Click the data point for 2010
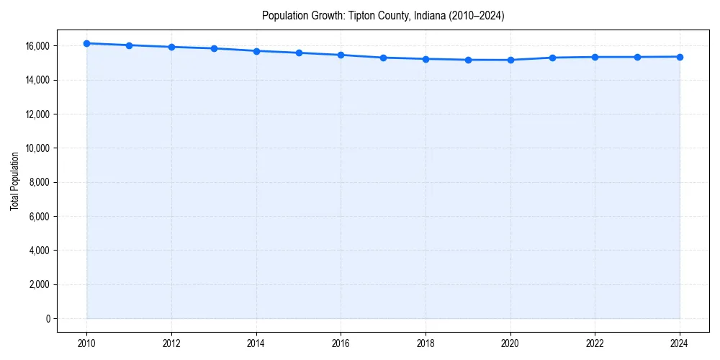(86, 43)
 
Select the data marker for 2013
(214, 48)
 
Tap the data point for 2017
(383, 58)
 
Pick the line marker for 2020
(510, 60)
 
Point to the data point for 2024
(680, 57)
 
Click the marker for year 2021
(553, 58)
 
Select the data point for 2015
(299, 53)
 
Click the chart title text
(383, 15)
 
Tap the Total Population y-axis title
(14, 181)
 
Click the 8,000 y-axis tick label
(37, 182)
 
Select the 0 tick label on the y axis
(48, 319)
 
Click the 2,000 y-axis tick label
(37, 284)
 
